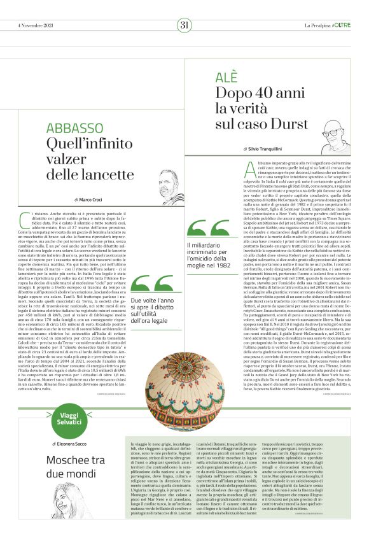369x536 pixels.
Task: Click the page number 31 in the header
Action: tap(184, 25)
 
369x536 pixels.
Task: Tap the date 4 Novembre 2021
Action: tap(36, 25)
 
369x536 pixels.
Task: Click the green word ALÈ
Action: tap(227, 77)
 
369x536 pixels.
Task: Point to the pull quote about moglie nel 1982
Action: tap(207, 255)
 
